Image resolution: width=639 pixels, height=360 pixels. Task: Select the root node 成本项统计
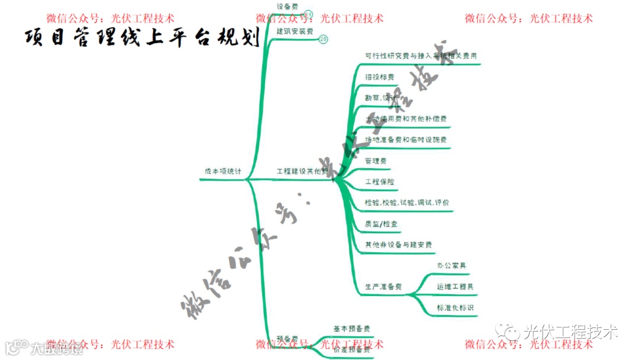point(223,171)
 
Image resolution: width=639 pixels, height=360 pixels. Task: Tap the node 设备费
point(288,7)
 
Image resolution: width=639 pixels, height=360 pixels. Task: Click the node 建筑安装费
point(295,31)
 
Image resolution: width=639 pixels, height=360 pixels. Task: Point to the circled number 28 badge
point(323,39)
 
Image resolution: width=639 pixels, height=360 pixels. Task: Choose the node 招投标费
point(379,77)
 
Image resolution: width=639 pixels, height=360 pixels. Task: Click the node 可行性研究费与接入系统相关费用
point(421,56)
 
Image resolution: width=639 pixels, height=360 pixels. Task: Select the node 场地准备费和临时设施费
point(406,140)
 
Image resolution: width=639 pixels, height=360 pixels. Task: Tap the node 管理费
point(376,160)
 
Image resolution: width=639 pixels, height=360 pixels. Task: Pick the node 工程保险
point(379,182)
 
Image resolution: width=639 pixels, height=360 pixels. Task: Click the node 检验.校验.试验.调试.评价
point(407,202)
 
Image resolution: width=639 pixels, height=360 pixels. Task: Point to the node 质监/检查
point(382,224)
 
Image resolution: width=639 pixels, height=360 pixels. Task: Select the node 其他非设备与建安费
point(398,245)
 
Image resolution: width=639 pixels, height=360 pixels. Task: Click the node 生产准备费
point(383,287)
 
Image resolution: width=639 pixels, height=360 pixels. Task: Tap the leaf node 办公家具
point(451,266)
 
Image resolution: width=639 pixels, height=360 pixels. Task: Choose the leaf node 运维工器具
point(455,287)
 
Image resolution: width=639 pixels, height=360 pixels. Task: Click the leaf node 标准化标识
point(455,308)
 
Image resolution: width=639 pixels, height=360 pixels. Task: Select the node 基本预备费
point(352,329)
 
